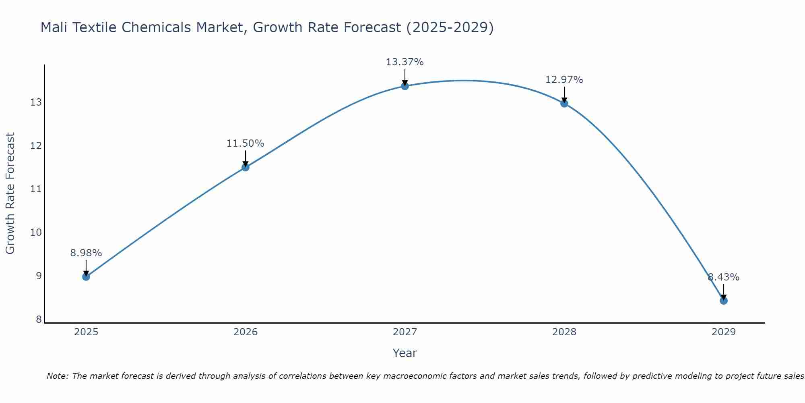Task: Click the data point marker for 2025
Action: (x=86, y=276)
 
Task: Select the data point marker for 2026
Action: (x=246, y=167)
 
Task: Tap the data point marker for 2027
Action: (x=405, y=86)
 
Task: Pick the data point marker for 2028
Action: (x=564, y=104)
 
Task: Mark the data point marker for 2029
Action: (x=724, y=301)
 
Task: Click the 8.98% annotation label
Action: (x=86, y=253)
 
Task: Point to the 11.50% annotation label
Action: (x=245, y=143)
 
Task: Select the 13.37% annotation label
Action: (x=405, y=62)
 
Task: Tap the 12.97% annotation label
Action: (x=564, y=80)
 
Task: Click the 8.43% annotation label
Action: (x=723, y=277)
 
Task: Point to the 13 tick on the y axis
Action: (x=36, y=102)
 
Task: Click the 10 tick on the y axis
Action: (x=36, y=233)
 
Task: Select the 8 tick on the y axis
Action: (x=39, y=320)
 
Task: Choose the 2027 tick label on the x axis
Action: (x=405, y=332)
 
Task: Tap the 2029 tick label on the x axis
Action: (x=724, y=332)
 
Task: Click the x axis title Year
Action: (x=405, y=353)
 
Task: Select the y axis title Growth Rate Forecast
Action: (x=10, y=193)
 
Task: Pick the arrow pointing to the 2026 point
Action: (x=246, y=158)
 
